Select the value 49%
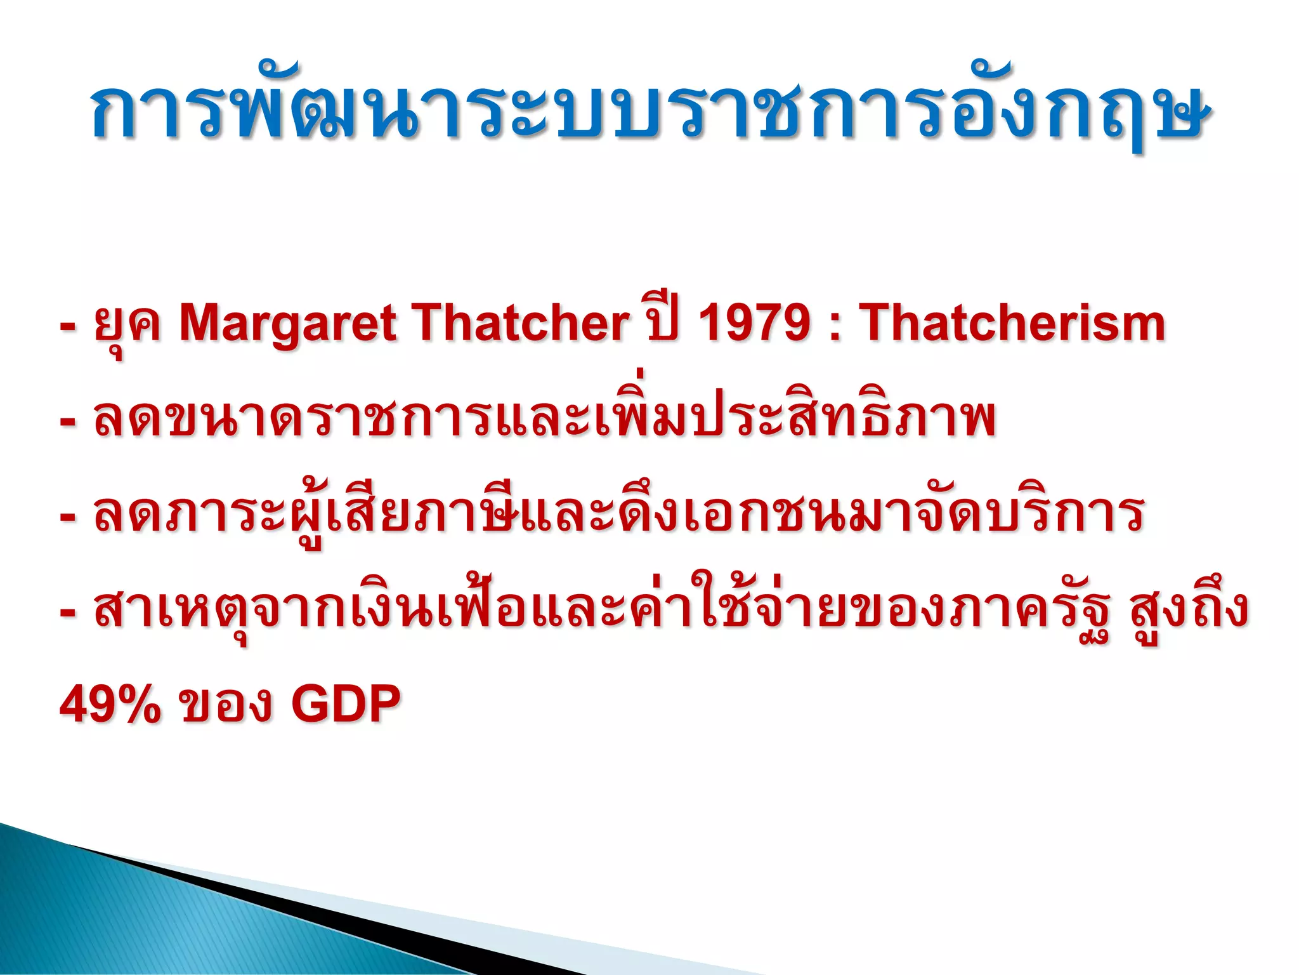[110, 704]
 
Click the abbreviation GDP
[346, 704]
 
